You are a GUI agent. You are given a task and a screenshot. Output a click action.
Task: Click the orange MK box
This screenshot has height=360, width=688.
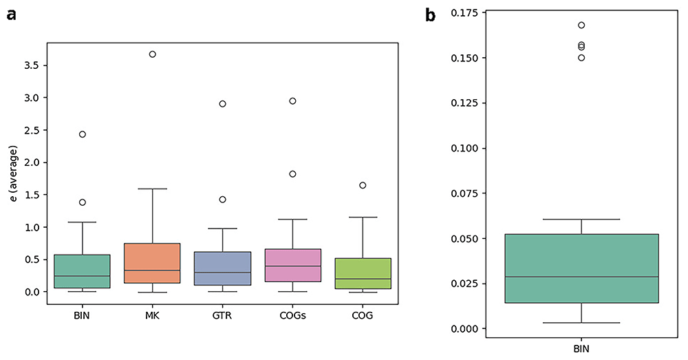(152, 263)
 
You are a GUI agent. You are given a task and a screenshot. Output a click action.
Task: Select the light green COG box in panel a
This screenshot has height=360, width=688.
(363, 273)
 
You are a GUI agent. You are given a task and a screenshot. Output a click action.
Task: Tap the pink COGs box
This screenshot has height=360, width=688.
(292, 265)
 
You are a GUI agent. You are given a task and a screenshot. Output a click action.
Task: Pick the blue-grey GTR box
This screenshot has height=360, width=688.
(222, 268)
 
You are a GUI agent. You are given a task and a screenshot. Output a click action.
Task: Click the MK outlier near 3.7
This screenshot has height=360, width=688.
(152, 54)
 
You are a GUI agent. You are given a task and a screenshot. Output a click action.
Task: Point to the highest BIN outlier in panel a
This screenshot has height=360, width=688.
(83, 134)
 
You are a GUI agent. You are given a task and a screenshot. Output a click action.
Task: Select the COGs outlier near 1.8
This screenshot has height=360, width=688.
(292, 174)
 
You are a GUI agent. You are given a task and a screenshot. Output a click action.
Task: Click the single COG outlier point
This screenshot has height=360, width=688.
(363, 185)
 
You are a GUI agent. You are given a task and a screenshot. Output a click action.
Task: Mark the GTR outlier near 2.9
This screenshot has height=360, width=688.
(222, 104)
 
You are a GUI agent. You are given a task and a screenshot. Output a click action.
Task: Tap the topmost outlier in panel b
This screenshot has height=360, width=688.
(581, 25)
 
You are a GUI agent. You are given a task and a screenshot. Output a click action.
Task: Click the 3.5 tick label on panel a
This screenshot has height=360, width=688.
(32, 65)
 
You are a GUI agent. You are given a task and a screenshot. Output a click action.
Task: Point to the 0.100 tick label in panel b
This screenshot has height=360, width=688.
(464, 149)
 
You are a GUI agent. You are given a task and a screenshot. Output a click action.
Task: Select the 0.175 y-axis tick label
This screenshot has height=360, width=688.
(464, 12)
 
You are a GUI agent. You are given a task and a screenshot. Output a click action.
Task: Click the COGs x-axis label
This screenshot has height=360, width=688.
(292, 315)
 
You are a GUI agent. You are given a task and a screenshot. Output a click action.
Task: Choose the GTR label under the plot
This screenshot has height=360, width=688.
(222, 315)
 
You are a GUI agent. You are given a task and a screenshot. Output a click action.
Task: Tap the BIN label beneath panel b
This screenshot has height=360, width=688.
(581, 349)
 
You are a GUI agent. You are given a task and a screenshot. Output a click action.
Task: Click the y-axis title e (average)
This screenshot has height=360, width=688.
(14, 174)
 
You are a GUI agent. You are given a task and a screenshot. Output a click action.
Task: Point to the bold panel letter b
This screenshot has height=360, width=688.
(431, 15)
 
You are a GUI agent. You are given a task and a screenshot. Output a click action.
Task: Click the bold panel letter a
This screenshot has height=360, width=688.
(12, 15)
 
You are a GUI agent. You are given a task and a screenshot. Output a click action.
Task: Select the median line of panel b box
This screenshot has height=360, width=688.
(581, 277)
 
